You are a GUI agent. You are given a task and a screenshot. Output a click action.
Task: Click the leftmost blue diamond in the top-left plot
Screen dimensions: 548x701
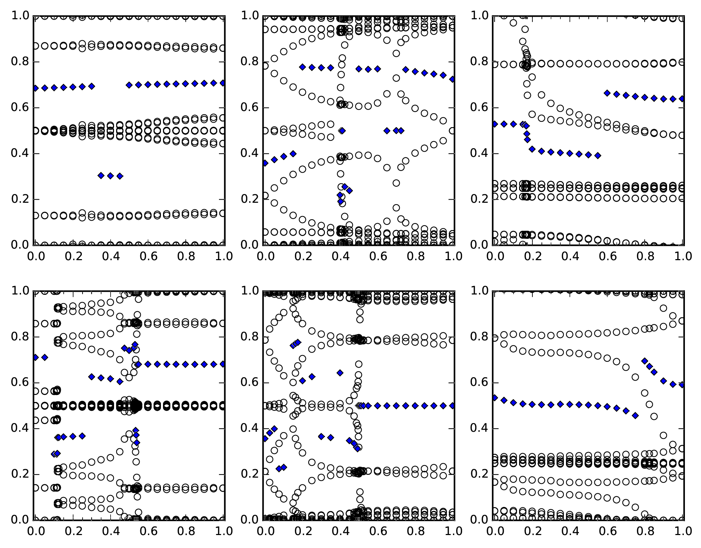tap(35, 88)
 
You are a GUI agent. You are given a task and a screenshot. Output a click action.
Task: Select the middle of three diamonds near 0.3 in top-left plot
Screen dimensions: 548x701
tap(111, 176)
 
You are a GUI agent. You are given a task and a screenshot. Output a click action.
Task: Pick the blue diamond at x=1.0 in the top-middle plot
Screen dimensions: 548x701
tap(453, 79)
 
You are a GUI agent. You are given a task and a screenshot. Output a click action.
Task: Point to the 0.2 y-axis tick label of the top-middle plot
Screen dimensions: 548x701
tap(249, 199)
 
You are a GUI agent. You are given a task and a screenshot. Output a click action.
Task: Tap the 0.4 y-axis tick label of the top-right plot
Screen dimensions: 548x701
tap(479, 153)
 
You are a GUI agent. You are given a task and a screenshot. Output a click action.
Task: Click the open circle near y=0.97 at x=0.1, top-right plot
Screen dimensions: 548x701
tap(514, 23)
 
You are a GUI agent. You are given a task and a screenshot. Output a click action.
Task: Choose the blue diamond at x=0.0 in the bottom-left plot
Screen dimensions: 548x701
tap(35, 357)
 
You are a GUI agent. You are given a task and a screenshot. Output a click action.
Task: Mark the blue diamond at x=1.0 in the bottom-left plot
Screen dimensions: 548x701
tap(223, 364)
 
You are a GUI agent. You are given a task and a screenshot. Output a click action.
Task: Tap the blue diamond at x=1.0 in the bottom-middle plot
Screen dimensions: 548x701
tap(453, 405)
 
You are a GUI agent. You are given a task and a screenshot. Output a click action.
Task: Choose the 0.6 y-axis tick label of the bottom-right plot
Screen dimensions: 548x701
tap(479, 383)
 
